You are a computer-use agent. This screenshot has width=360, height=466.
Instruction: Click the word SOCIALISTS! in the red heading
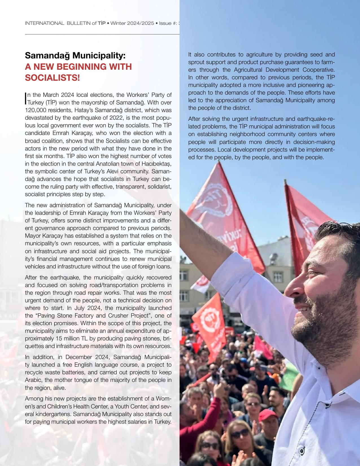53,78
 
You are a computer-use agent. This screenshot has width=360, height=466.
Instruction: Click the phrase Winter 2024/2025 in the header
132,23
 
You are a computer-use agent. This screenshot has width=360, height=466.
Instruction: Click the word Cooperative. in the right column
319,70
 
